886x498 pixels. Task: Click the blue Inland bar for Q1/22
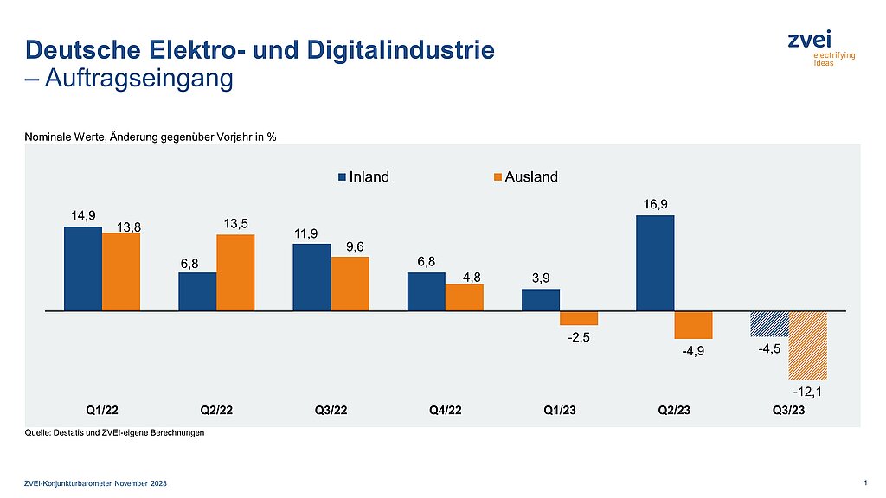coord(83,268)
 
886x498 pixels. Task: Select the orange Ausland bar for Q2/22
coord(235,272)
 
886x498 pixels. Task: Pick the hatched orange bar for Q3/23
coord(807,345)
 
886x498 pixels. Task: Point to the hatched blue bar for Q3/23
coord(769,322)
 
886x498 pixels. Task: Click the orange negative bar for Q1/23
coord(578,317)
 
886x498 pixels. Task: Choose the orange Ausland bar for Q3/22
coord(350,283)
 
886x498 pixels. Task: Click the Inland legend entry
coord(363,177)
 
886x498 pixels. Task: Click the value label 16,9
coord(655,204)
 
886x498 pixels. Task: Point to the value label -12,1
coord(808,393)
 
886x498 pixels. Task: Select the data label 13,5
coord(235,224)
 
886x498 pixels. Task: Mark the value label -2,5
coord(579,337)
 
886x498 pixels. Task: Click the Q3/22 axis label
coord(331,411)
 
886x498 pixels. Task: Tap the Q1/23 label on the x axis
coord(559,411)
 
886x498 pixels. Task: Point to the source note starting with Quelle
coord(114,433)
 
